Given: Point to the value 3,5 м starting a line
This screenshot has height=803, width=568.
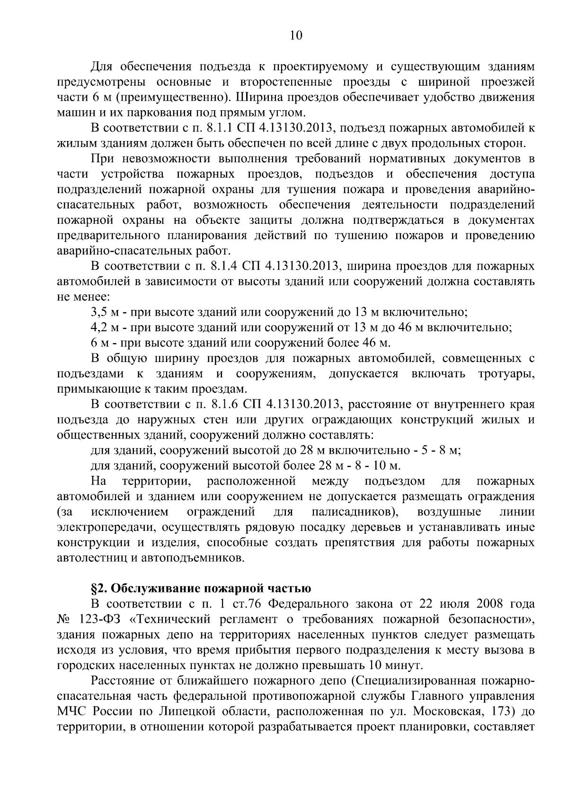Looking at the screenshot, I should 103,312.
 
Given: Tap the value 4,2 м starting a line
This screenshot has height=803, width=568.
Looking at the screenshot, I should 103,327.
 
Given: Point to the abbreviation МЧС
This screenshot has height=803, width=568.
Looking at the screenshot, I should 71,711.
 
